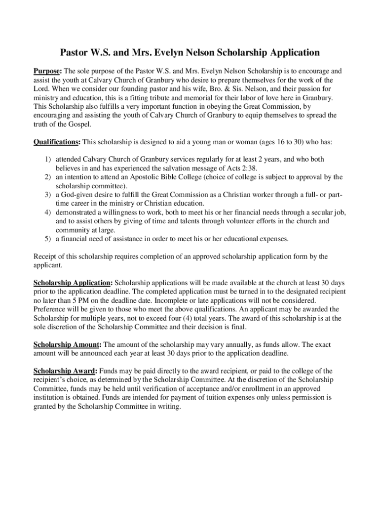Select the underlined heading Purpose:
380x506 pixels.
(x=47, y=71)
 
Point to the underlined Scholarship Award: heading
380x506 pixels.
(x=65, y=371)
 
